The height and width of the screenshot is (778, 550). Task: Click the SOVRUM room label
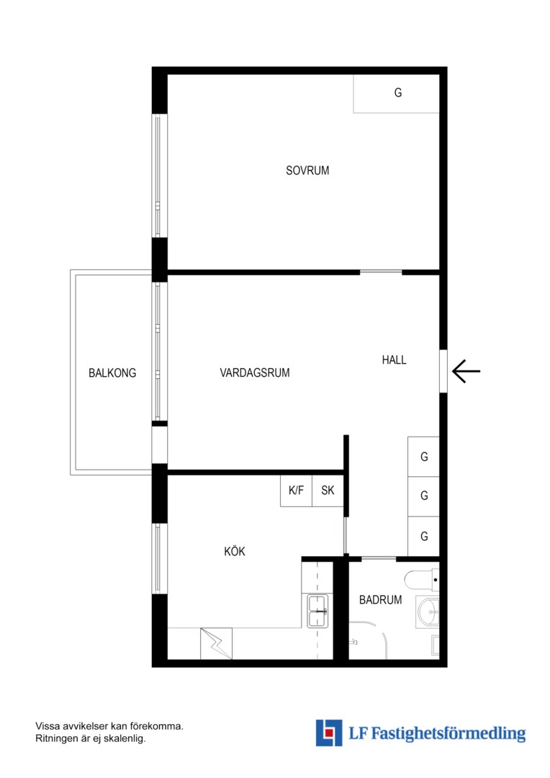[307, 170]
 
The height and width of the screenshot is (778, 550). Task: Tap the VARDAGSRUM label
[255, 372]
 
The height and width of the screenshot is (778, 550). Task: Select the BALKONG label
[112, 373]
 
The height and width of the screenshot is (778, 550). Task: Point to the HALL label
[395, 359]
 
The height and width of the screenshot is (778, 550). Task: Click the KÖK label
[235, 551]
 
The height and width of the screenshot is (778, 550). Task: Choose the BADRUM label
[380, 600]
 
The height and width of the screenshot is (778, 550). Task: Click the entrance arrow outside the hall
[466, 371]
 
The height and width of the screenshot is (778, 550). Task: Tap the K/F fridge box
[296, 491]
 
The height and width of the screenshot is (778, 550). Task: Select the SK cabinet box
[328, 491]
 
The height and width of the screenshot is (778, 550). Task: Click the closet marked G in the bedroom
[396, 94]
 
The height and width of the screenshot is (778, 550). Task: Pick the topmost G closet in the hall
[423, 457]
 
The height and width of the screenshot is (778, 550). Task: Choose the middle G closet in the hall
[423, 496]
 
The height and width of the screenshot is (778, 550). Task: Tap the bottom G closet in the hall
[423, 537]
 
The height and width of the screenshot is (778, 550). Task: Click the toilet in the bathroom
[422, 579]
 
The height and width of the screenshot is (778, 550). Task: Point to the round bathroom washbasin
[428, 612]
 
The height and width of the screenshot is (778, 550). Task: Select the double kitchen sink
[317, 611]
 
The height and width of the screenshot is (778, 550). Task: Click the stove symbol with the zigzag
[216, 643]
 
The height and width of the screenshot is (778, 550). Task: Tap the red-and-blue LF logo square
[329, 733]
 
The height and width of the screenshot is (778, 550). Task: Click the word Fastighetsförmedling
[448, 733]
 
